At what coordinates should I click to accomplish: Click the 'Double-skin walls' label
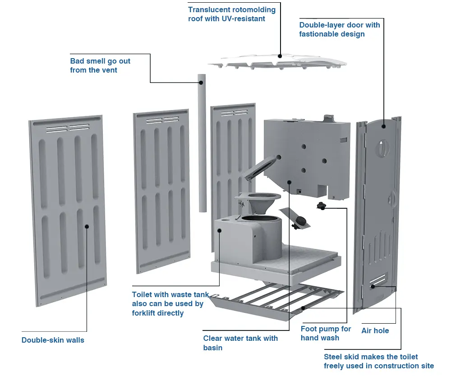[53, 340]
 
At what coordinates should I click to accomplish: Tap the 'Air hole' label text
[375, 330]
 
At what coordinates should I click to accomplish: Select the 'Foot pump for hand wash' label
[326, 333]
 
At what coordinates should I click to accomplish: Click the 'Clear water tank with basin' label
[240, 343]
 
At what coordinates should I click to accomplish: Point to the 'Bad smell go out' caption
[100, 65]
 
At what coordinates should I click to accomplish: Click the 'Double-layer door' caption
[339, 29]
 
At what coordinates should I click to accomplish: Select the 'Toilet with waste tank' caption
[170, 303]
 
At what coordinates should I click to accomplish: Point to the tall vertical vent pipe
[202, 144]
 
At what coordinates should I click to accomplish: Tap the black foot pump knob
[321, 206]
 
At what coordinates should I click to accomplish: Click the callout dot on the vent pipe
[201, 83]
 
